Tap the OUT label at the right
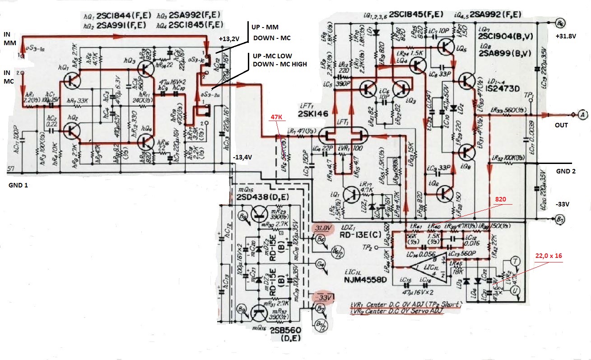(559, 127)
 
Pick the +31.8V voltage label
(567, 37)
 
